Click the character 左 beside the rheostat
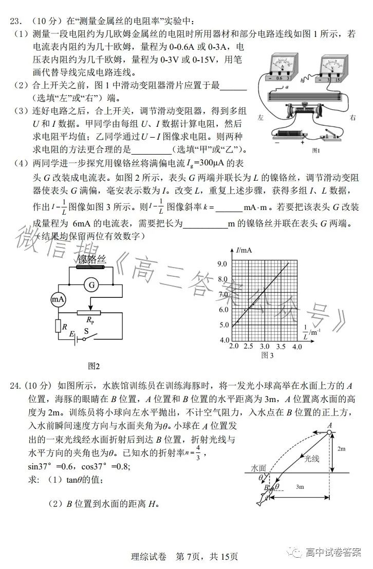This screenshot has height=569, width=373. (x=260, y=118)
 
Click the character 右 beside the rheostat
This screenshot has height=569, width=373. (x=352, y=118)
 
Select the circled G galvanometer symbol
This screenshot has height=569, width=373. (x=91, y=285)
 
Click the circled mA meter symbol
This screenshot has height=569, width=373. (x=57, y=299)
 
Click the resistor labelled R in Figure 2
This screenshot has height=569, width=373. (x=58, y=326)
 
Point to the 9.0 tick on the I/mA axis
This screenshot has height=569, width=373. (x=223, y=264)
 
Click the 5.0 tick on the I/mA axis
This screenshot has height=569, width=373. (x=223, y=325)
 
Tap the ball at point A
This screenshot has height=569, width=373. (x=329, y=433)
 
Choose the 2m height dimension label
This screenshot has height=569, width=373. (x=342, y=448)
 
